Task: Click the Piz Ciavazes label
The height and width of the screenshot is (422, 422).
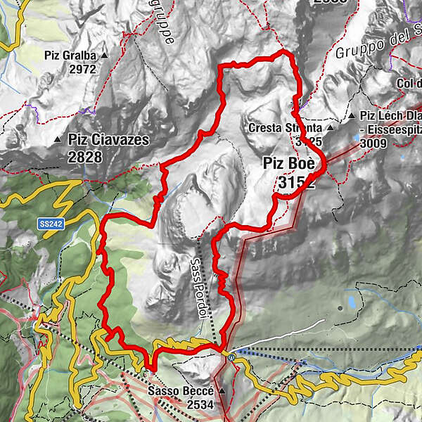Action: pyautogui.click(x=108, y=140)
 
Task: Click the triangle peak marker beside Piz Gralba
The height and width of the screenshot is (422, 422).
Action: pyautogui.click(x=105, y=55)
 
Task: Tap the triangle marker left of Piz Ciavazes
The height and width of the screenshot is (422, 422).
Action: pyautogui.click(x=57, y=141)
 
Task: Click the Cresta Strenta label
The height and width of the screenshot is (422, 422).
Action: pyautogui.click(x=284, y=129)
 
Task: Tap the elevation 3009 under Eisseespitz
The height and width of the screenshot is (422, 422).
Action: pyautogui.click(x=373, y=142)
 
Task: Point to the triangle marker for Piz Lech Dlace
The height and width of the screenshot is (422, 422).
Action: pyautogui.click(x=350, y=115)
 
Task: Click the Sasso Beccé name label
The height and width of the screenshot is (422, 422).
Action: pyautogui.click(x=183, y=391)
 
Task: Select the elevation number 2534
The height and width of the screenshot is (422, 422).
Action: pyautogui.click(x=200, y=405)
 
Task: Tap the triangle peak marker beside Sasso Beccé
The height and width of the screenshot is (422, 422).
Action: pyautogui.click(x=222, y=391)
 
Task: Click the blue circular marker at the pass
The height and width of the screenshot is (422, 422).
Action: pyautogui.click(x=231, y=356)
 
